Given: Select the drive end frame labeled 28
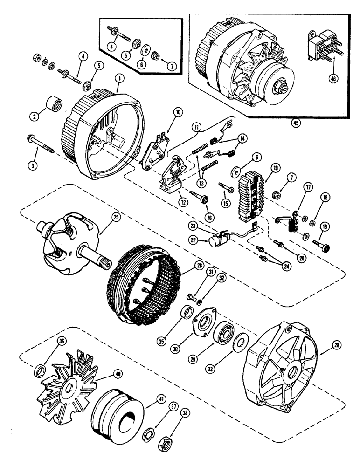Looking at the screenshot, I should (x=280, y=368).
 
